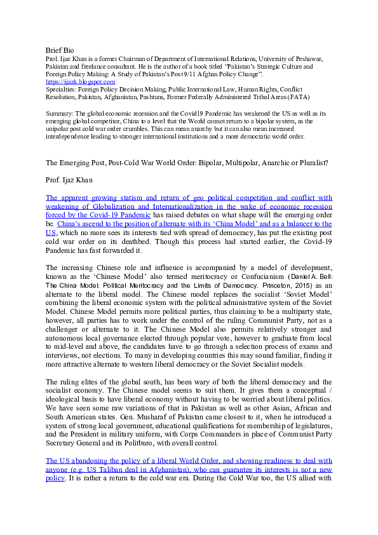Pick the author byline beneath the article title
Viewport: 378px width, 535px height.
pyautogui.click(x=67, y=180)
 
